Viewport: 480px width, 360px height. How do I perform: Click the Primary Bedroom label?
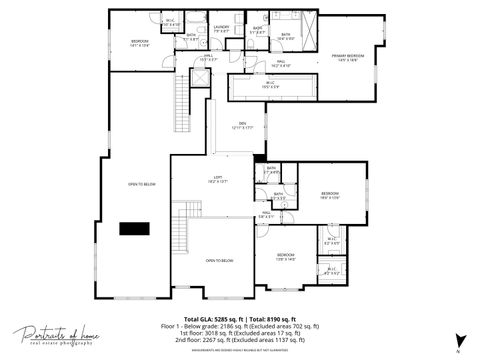click(348, 58)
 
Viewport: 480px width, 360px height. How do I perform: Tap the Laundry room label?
click(222, 29)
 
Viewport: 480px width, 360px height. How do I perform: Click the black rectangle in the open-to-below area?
click(134, 228)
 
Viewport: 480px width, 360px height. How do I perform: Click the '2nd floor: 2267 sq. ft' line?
click(240, 338)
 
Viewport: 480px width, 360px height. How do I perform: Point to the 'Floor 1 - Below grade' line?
click(240, 326)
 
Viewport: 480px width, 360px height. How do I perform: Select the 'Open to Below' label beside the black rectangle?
click(141, 184)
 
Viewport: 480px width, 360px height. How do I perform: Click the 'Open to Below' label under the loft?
click(219, 260)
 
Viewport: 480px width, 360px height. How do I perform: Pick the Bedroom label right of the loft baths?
click(331, 194)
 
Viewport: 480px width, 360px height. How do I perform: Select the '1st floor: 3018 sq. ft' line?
click(240, 332)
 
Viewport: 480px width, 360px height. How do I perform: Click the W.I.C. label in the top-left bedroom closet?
click(171, 22)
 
